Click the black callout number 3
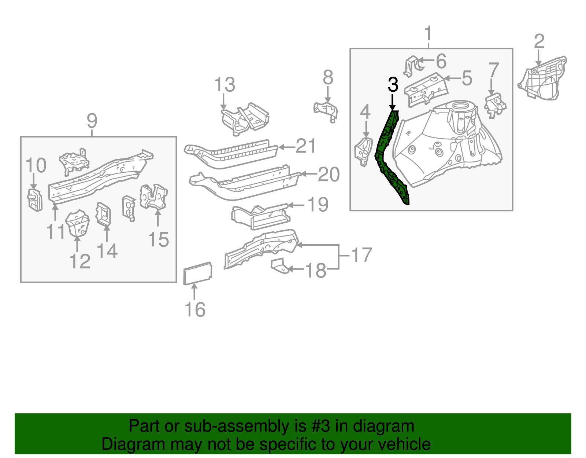[393, 85]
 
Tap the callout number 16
[195, 309]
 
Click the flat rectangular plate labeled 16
[197, 274]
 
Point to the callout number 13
[224, 85]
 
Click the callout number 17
[361, 255]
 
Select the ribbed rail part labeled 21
[231, 154]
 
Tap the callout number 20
[329, 175]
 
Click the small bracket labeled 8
[326, 110]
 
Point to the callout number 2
[539, 41]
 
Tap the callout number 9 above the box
[92, 120]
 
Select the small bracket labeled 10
[35, 200]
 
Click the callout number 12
[79, 261]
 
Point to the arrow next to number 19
[297, 205]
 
